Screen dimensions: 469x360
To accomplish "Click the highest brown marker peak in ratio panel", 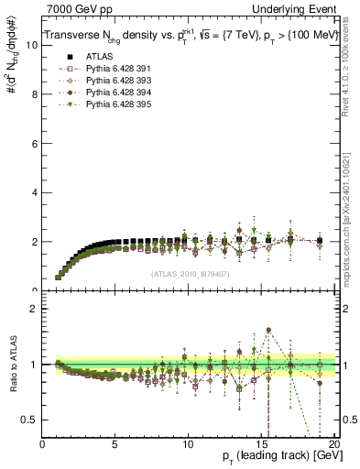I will (x=268, y=331).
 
